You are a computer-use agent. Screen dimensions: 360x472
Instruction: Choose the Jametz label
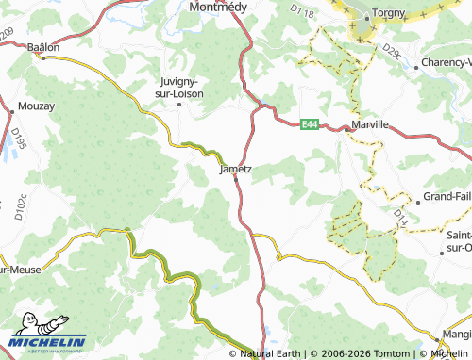[235, 170]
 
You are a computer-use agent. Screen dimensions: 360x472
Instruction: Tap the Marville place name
[371, 124]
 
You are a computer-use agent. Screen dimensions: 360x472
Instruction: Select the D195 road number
[16, 141]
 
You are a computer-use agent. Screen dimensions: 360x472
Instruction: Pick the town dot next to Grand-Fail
[417, 202]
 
